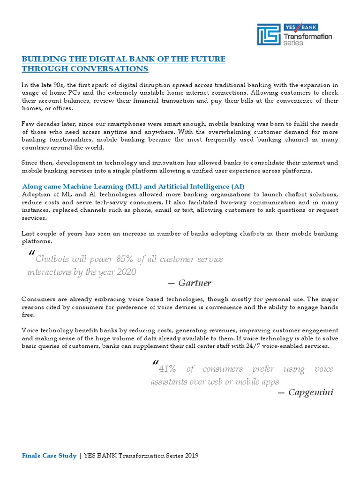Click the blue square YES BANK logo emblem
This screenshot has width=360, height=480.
[268, 34]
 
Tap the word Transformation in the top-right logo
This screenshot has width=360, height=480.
[308, 36]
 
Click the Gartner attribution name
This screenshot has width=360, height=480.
[195, 283]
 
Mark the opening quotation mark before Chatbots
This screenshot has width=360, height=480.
[31, 255]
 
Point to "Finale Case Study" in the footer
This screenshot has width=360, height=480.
[49, 455]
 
